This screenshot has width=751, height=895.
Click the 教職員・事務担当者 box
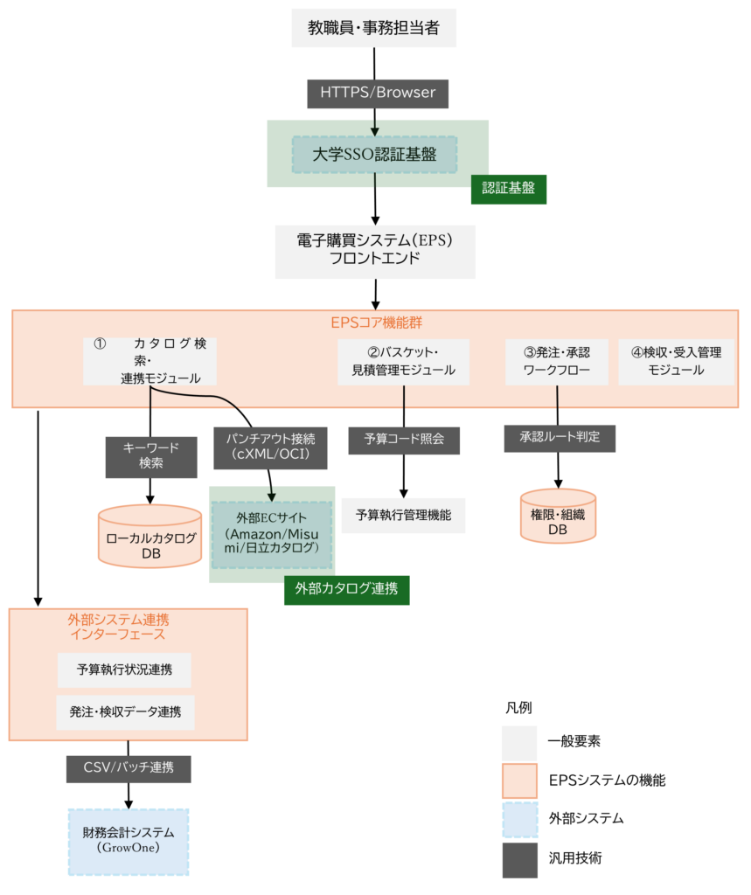coord(373,29)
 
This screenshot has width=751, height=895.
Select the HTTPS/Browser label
coord(378,94)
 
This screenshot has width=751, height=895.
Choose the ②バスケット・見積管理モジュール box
coord(404,362)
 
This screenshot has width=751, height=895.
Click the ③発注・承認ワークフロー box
coord(557,362)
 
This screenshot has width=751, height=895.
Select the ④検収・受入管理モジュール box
coord(676,362)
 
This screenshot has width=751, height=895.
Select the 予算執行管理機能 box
coord(403,515)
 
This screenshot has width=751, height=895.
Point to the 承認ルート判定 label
coord(560,437)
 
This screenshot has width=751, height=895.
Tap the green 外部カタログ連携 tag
coord(347,589)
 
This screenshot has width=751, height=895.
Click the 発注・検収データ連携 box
coord(126,712)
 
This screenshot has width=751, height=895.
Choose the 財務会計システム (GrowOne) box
coord(129,841)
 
